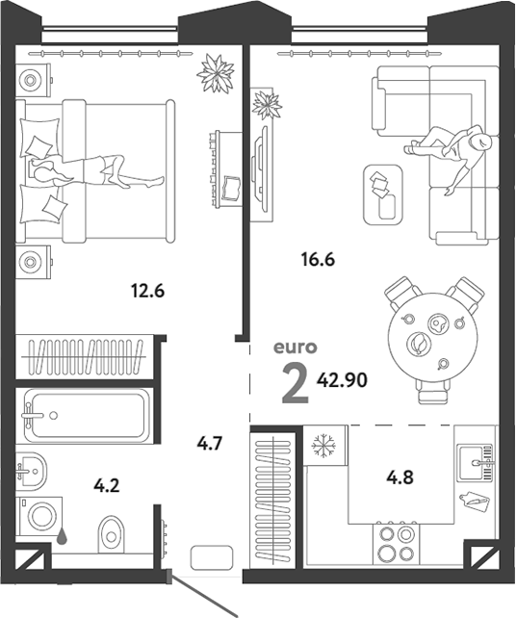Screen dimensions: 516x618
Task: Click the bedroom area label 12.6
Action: click(x=148, y=292)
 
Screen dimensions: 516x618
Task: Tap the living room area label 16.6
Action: click(x=318, y=260)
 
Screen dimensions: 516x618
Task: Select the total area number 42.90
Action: click(x=342, y=380)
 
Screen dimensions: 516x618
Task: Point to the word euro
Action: click(x=296, y=348)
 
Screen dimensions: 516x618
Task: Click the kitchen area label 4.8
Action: click(x=400, y=477)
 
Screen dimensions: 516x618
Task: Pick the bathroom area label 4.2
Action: click(x=107, y=485)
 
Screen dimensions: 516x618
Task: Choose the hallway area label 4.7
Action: click(x=210, y=444)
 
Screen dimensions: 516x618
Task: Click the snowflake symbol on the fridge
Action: click(x=323, y=446)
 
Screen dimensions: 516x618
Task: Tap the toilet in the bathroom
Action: click(x=111, y=535)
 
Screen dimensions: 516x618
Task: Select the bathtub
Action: click(x=87, y=416)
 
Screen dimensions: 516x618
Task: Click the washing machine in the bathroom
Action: click(x=39, y=516)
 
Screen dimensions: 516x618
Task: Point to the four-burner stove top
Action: click(x=397, y=544)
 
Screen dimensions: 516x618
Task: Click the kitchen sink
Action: click(x=475, y=462)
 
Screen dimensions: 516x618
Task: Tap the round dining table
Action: click(x=433, y=337)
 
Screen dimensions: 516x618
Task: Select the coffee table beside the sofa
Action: click(x=383, y=195)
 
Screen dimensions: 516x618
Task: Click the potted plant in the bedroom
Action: click(x=216, y=74)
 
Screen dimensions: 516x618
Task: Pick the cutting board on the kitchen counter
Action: click(x=475, y=502)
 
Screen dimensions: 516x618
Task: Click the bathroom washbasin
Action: click(x=31, y=471)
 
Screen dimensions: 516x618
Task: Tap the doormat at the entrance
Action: click(x=212, y=557)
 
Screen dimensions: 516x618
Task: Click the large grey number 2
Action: click(x=296, y=383)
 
